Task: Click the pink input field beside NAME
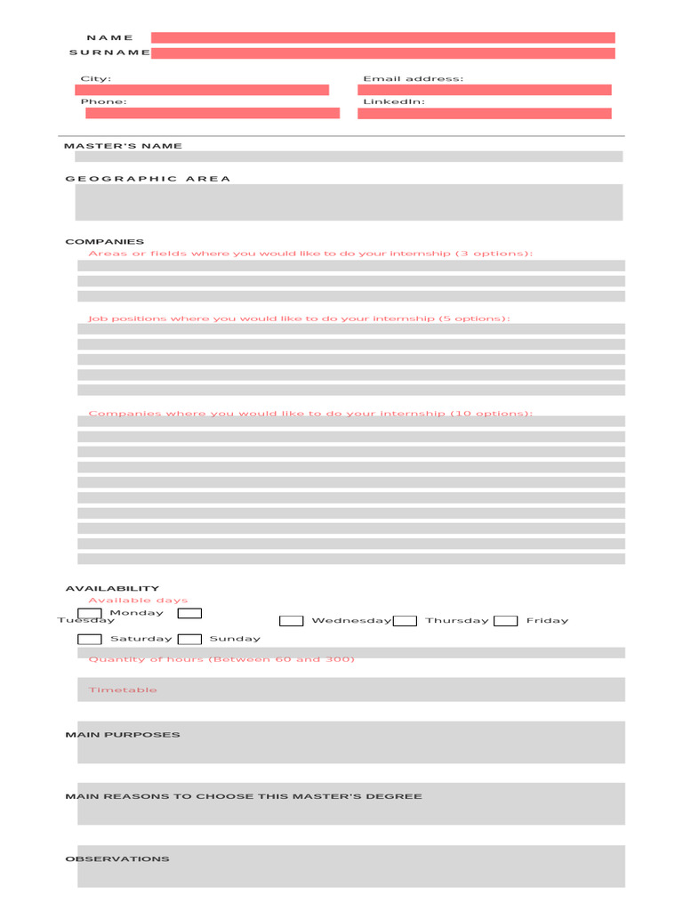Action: tap(382, 37)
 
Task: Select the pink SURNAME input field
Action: tap(382, 53)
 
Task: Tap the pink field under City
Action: tap(202, 90)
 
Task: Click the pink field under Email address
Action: tap(485, 90)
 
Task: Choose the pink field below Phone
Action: tap(213, 113)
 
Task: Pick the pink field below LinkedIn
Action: tap(485, 113)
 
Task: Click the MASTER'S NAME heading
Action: tap(123, 146)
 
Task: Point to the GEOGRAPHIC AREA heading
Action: tap(148, 179)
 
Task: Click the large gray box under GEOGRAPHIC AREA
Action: tap(349, 202)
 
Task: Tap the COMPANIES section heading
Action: tap(104, 242)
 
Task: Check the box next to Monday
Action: tap(90, 614)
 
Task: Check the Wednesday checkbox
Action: tap(292, 621)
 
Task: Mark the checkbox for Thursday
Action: tap(406, 621)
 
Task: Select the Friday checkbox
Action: tap(506, 621)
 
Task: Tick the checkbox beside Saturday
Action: tap(90, 639)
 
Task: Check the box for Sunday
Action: tap(189, 639)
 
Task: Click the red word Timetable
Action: tap(123, 690)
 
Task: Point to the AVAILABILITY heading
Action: tap(112, 589)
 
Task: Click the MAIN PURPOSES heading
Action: tap(123, 735)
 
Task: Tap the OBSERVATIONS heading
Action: tap(117, 859)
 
